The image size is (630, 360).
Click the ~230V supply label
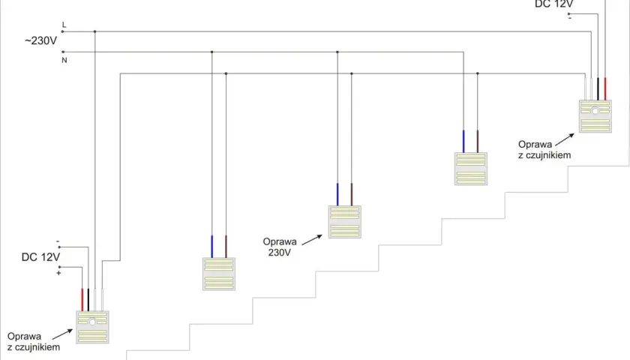point(40,41)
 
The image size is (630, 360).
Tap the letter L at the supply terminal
point(64,25)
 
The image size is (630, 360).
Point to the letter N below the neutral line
point(64,60)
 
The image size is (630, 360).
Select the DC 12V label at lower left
point(40,257)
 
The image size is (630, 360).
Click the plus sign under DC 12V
point(58,273)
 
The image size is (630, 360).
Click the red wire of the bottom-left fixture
point(82,300)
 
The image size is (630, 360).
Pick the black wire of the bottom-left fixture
point(88,300)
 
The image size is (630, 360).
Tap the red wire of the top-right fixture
point(605,88)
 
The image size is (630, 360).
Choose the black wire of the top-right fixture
point(598,88)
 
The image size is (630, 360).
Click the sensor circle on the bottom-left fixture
point(92,322)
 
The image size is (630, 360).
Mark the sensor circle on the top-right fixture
point(595,111)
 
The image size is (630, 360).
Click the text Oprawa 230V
point(280,247)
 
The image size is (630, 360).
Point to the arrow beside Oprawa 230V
point(312,240)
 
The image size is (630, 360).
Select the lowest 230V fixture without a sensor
point(218,274)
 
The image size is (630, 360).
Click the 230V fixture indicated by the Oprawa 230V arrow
point(345,222)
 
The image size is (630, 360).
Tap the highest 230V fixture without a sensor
point(471,169)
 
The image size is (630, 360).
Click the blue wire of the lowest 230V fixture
point(212,247)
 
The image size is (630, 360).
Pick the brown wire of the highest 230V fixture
point(478,142)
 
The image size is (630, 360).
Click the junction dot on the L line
point(94,31)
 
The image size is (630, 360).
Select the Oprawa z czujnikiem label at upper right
point(544,150)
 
